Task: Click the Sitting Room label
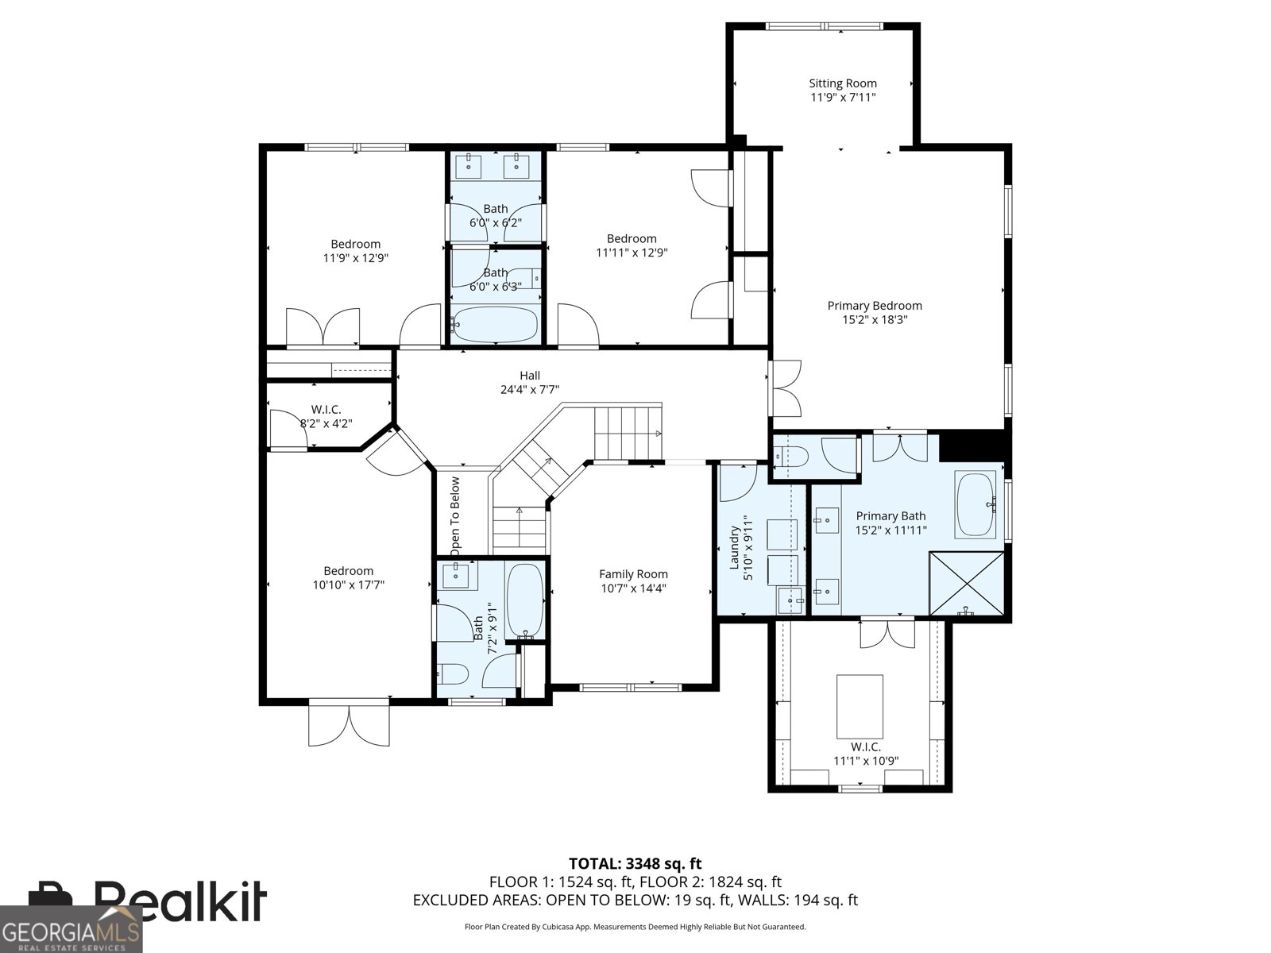point(843,83)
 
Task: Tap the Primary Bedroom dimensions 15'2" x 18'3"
point(875,319)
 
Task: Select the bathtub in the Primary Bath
point(975,504)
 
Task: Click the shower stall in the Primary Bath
point(967,583)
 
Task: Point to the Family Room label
point(633,574)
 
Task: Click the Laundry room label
point(734,547)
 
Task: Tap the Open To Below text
point(455,514)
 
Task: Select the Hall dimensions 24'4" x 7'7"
point(530,389)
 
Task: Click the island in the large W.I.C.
point(860,706)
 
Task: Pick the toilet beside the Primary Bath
point(791,457)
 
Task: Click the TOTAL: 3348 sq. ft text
point(635,863)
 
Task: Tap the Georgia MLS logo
point(71,929)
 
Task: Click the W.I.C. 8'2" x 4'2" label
point(326,417)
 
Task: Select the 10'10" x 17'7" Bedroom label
point(348,577)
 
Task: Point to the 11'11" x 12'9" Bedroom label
point(632,245)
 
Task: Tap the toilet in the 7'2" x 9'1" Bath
point(452,674)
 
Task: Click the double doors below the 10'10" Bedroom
point(349,723)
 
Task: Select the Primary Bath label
point(890,515)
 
